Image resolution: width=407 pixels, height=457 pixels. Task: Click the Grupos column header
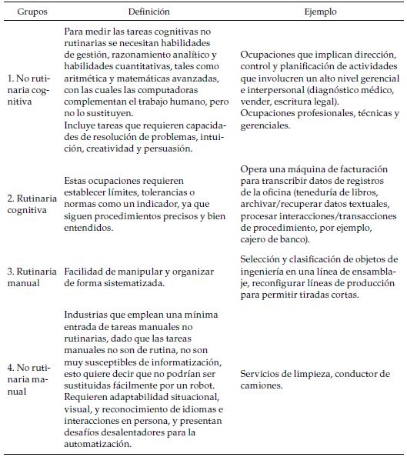pyautogui.click(x=29, y=13)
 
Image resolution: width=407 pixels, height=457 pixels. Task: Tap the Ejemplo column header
pyautogui.click(x=319, y=13)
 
